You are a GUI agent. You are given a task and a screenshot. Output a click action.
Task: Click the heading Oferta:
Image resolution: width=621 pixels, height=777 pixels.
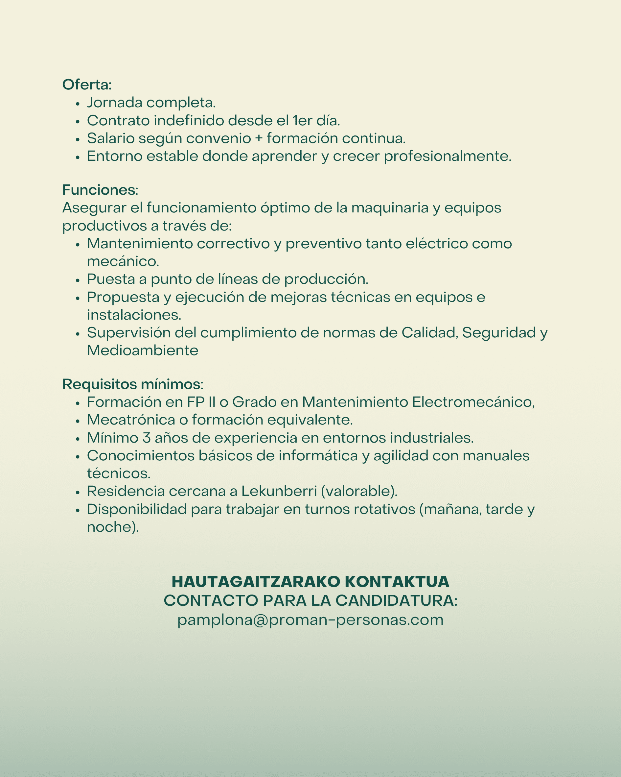tap(87, 85)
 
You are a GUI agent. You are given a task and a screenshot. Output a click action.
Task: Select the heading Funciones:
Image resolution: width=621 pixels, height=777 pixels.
tap(100, 190)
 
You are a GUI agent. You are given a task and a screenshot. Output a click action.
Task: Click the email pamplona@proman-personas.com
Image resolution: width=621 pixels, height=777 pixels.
tap(310, 620)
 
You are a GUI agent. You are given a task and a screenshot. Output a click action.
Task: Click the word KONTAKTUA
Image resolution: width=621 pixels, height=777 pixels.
tap(397, 582)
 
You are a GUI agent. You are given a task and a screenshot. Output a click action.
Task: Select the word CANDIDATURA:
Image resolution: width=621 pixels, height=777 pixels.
tap(397, 601)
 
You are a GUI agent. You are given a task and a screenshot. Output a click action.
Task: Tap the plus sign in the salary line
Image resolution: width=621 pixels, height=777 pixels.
tap(259, 138)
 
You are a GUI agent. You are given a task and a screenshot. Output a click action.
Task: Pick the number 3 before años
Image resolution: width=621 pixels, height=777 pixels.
tap(147, 438)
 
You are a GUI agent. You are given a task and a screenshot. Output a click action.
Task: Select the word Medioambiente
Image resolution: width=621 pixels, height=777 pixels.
tap(143, 350)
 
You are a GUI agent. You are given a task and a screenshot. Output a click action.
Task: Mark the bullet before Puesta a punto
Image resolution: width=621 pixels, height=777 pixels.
tap(78, 280)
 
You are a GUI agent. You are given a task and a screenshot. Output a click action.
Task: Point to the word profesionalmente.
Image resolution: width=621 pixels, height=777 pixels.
tap(448, 157)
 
